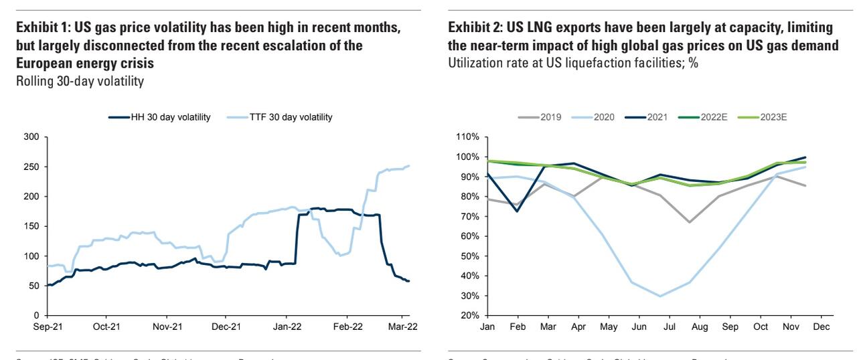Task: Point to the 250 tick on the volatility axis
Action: (x=31, y=167)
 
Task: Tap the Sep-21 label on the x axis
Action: (x=48, y=328)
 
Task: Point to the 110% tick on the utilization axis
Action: (x=467, y=137)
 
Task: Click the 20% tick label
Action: (x=469, y=315)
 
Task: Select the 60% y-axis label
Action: (x=469, y=236)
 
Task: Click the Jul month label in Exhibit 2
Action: (x=669, y=327)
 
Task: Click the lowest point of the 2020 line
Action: (x=661, y=296)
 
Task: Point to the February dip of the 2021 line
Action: (x=516, y=211)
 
